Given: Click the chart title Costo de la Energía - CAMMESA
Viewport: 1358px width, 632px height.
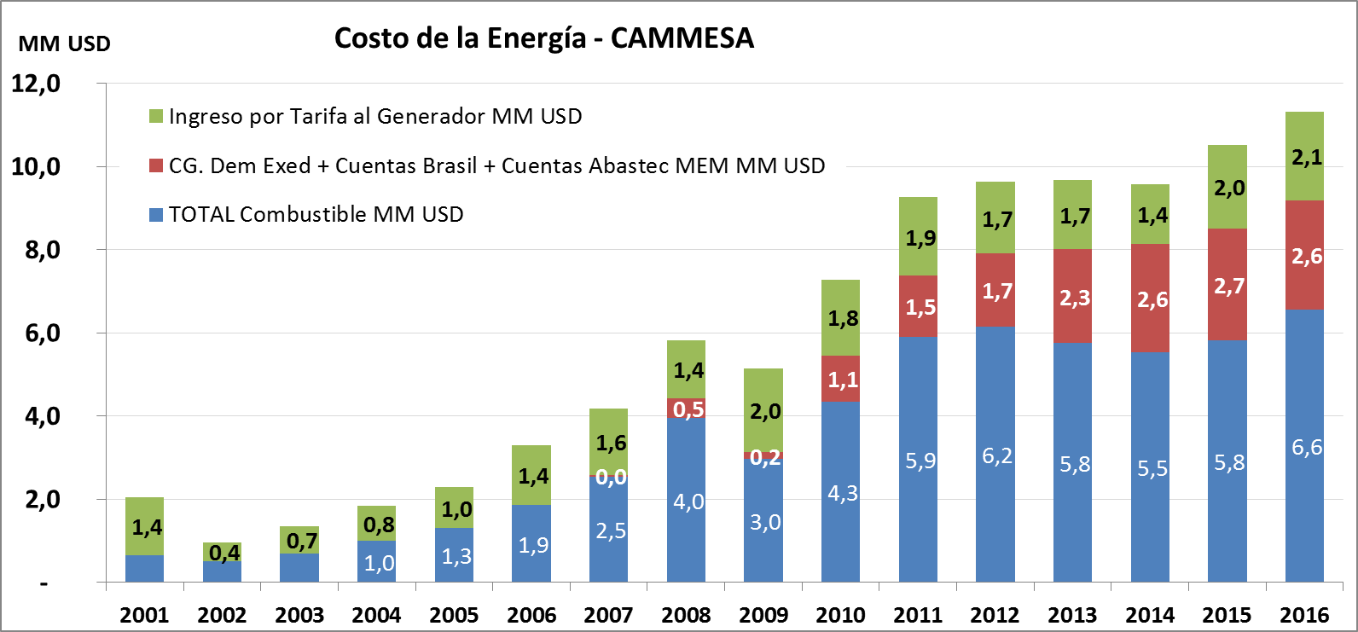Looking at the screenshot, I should (543, 38).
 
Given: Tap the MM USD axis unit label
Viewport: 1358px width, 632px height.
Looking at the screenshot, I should (64, 43).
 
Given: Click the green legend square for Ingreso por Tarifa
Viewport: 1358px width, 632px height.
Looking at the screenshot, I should (155, 116).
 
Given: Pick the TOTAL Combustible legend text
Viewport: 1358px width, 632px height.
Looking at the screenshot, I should (316, 214).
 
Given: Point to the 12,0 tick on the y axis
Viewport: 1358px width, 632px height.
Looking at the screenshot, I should (35, 84).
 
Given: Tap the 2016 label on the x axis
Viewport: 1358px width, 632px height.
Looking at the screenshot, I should (1304, 615).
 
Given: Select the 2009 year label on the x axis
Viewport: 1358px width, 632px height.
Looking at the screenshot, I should (763, 615).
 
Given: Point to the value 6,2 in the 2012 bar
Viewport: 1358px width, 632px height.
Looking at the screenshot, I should (996, 456).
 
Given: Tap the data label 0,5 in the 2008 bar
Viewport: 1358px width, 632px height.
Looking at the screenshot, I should (688, 409).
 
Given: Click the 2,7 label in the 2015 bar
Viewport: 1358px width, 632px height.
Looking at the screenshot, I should (1229, 287).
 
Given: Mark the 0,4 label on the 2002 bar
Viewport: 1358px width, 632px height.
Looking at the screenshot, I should (224, 554).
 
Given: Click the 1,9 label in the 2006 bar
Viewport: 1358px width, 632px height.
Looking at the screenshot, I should (533, 545).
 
